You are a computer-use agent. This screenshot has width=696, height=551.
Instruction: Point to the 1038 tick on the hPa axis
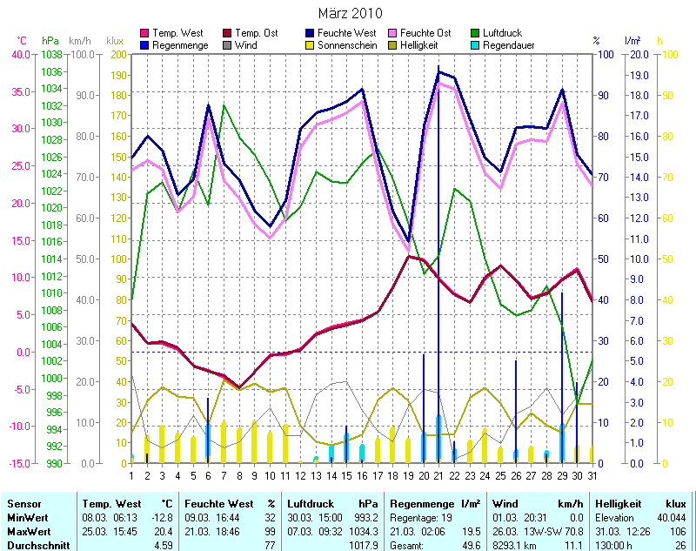[51, 54]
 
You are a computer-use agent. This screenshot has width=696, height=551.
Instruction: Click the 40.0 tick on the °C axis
[19, 54]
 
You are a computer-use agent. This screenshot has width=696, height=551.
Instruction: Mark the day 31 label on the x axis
[592, 474]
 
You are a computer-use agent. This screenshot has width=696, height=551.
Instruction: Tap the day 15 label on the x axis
[346, 474]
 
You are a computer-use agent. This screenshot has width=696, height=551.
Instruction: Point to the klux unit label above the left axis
[114, 41]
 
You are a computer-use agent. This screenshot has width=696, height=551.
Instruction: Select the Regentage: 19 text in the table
[422, 517]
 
